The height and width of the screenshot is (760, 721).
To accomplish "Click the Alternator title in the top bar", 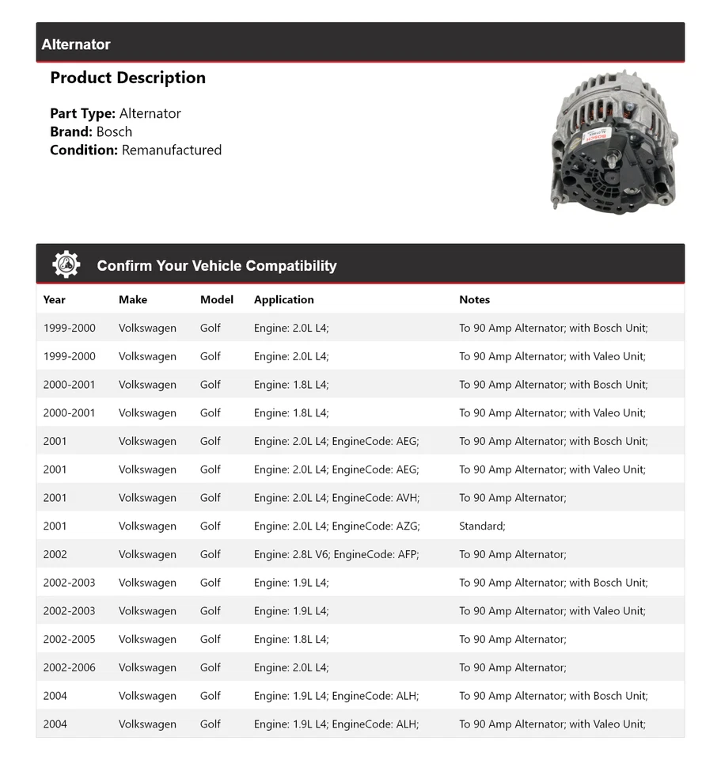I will coord(76,44).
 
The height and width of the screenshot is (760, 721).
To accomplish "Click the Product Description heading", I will coord(127,78).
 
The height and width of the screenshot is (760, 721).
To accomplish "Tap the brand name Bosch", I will coord(114,131).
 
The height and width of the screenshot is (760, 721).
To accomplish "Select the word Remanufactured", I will coord(172,150).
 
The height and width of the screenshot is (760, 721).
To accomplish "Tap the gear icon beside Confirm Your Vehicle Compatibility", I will coord(66,264).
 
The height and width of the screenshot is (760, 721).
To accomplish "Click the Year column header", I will coord(55,299).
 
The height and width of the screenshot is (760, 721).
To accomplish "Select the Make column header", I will coord(133,299).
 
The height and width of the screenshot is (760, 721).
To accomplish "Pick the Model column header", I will coord(217,299).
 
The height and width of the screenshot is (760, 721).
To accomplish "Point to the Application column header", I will coord(284,299).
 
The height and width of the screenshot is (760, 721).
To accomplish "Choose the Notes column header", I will coord(474,299).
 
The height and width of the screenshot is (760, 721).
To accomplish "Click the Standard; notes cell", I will coord(482,526).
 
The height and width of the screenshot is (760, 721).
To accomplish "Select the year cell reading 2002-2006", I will coord(70,667).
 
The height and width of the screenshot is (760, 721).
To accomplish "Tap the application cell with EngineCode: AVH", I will coord(336,498).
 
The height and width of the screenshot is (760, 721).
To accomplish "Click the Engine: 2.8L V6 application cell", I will coord(336,554).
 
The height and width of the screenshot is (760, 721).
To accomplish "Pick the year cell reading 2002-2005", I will coord(70,639).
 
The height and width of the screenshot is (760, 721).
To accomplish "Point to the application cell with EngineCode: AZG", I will coord(336,526).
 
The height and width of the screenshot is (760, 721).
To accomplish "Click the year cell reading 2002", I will coord(55,554).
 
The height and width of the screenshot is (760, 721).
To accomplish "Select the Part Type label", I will coord(82,113).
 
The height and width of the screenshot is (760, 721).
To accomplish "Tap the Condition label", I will coord(84,150).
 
